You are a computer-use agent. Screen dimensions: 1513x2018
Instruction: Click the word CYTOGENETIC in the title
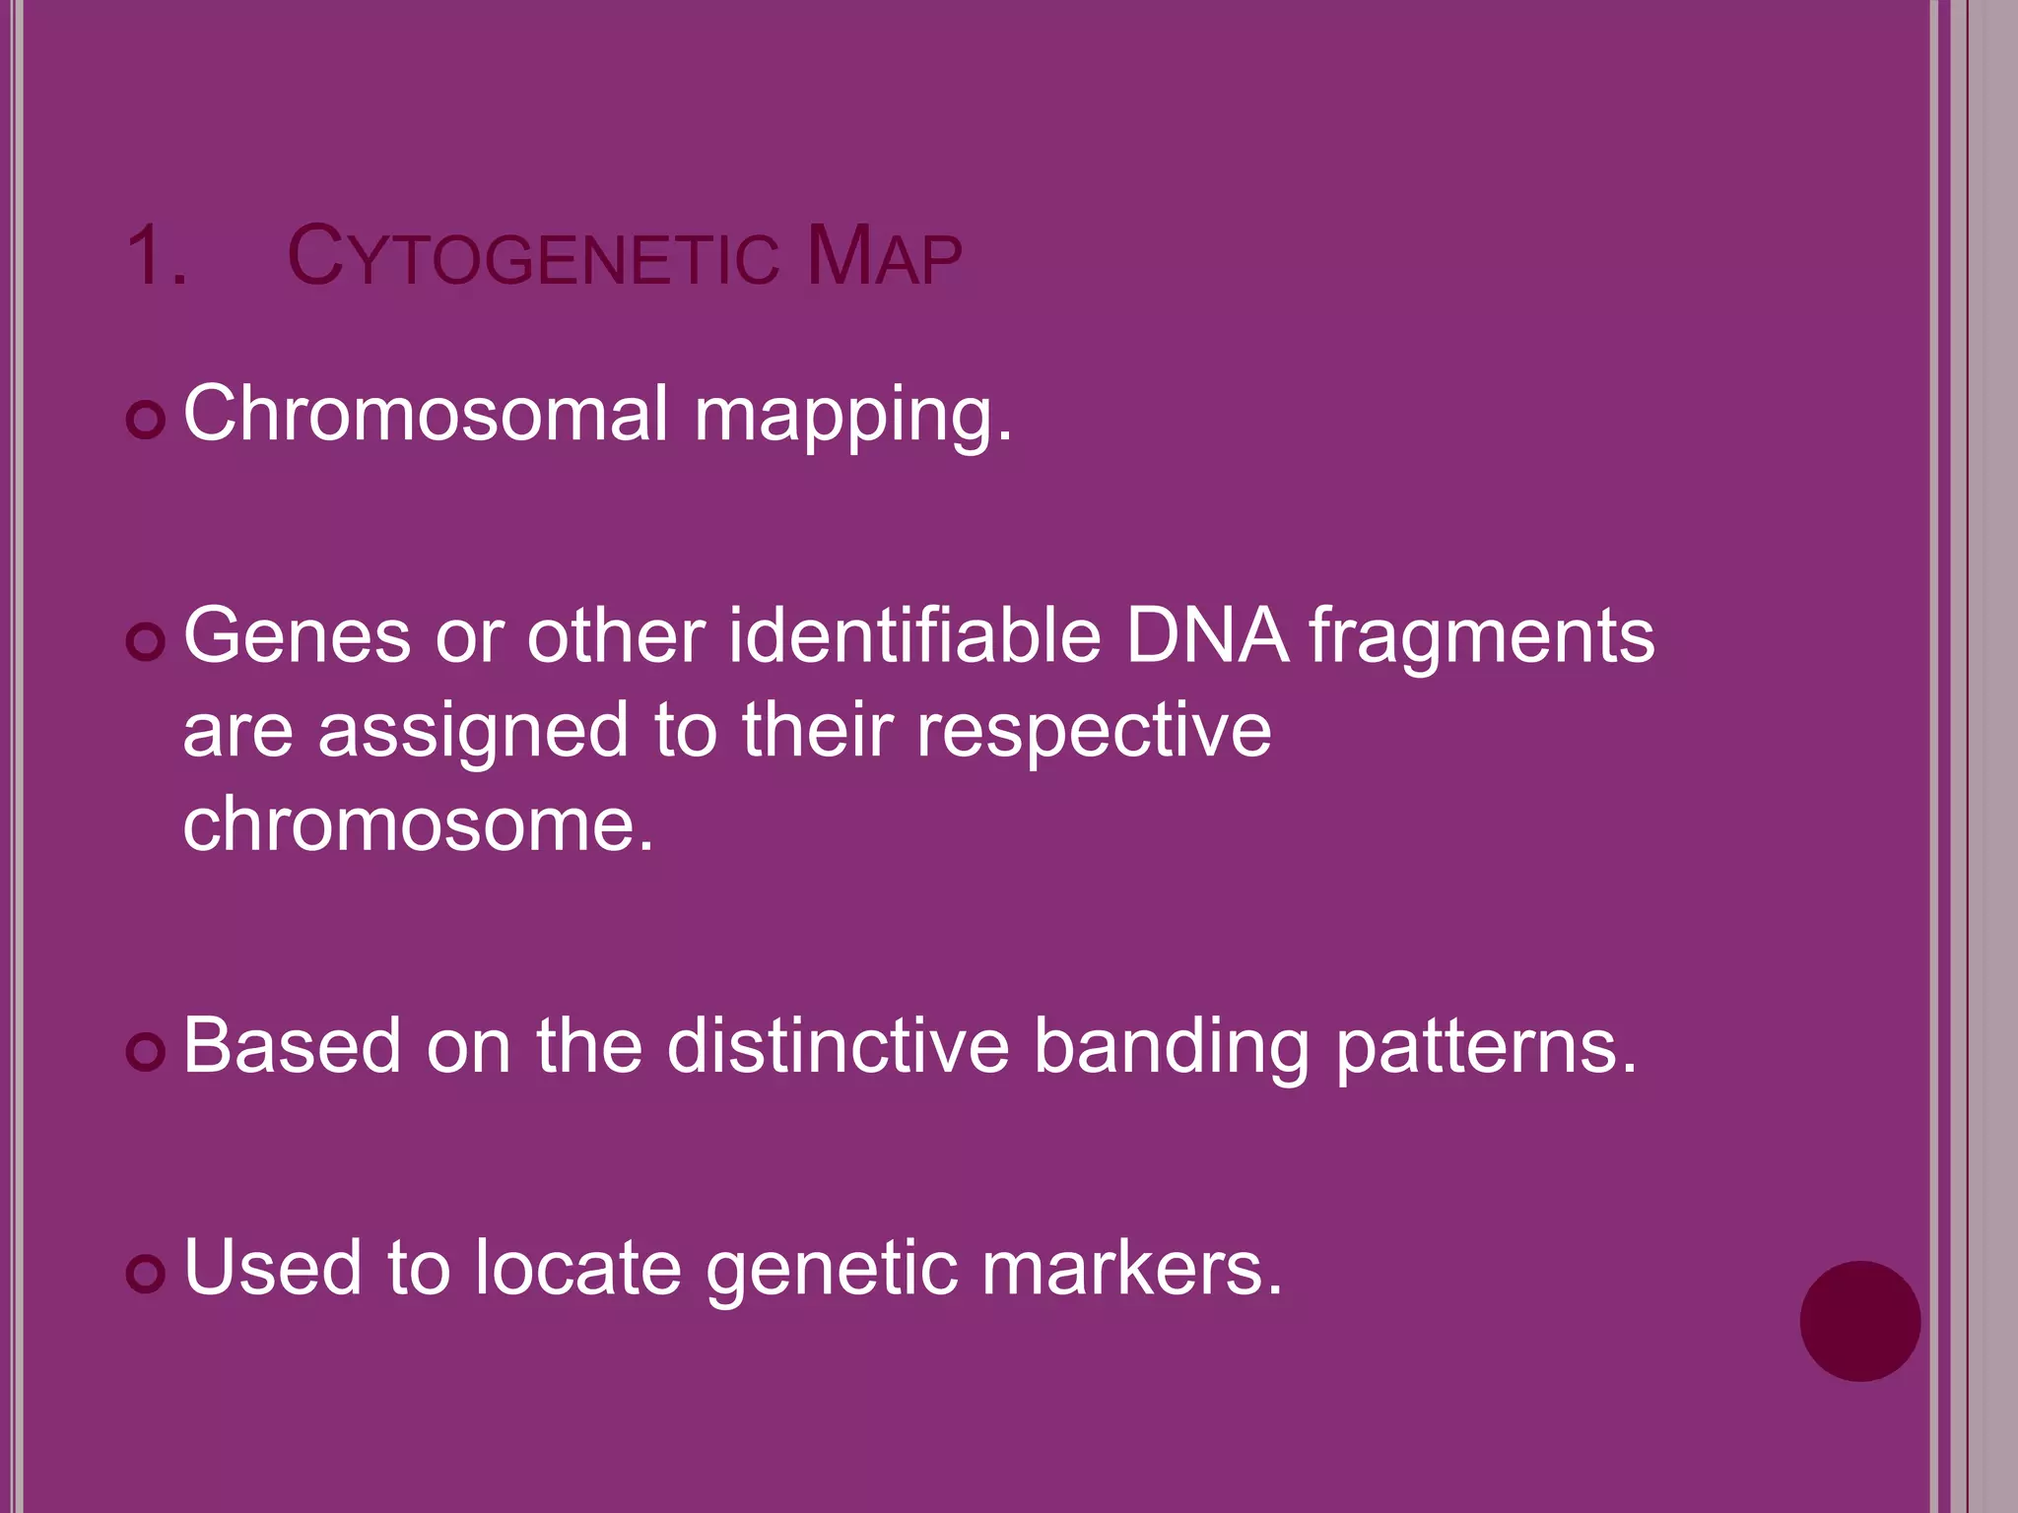[x=532, y=258]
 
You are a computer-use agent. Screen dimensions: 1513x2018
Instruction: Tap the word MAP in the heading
[x=883, y=258]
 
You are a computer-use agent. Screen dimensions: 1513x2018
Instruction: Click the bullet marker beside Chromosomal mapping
[x=146, y=421]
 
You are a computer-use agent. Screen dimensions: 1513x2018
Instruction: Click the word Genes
[x=297, y=637]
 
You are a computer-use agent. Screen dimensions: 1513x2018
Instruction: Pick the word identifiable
[x=914, y=637]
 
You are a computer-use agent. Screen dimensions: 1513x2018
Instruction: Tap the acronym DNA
[x=1206, y=637]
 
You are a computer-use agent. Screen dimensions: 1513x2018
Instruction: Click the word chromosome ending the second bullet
[x=418, y=824]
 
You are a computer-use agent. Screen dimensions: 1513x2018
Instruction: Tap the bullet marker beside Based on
[x=146, y=1052]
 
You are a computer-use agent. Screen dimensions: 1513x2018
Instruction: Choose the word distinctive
[x=838, y=1046]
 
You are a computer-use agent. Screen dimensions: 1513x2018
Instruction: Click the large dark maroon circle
[x=1859, y=1321]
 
